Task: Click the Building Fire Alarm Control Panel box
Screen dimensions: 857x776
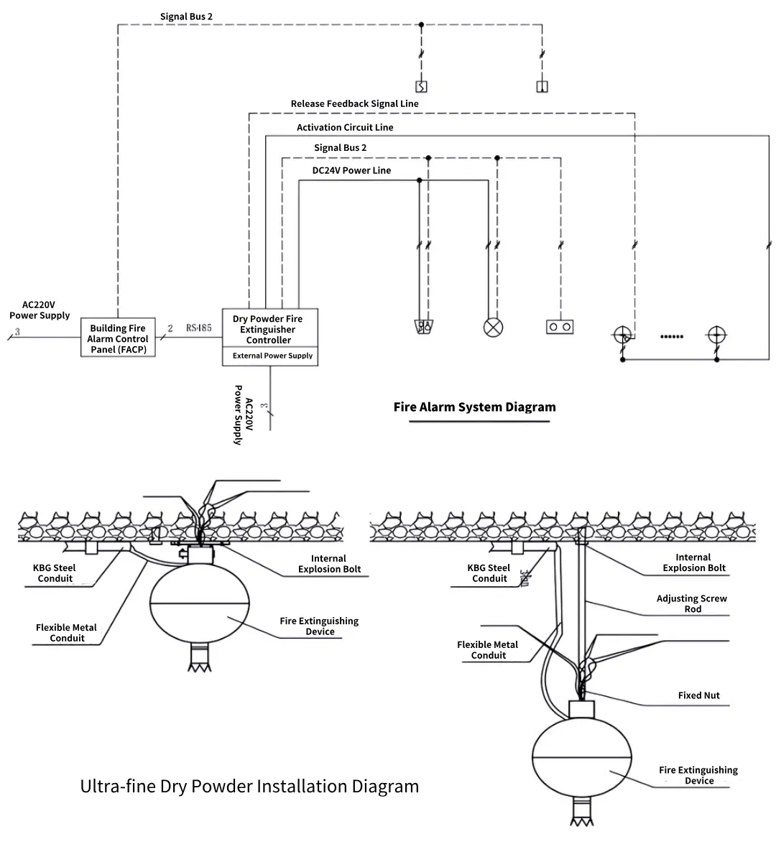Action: tap(118, 338)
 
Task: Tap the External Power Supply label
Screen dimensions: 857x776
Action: tap(272, 356)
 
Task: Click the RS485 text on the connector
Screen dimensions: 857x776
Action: tap(199, 328)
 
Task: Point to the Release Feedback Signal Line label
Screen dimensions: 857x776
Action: tap(354, 103)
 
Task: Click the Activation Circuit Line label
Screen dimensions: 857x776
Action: tap(345, 127)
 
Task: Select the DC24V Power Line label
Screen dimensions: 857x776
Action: tap(351, 170)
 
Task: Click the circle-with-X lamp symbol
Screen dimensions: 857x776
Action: tap(493, 327)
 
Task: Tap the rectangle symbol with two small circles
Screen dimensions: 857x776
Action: tap(560, 327)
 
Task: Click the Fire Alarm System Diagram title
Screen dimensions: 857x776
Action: tap(474, 407)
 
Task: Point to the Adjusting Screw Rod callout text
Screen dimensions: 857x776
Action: tap(691, 603)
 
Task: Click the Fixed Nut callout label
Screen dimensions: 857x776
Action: tap(698, 695)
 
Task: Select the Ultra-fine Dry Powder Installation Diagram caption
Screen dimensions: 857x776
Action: tap(249, 786)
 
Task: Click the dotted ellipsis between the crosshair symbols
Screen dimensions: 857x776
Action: tap(671, 335)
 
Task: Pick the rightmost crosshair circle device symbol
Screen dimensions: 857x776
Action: tap(716, 335)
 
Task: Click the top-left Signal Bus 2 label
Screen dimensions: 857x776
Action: tap(186, 16)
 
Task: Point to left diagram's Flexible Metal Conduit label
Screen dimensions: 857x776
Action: tap(66, 632)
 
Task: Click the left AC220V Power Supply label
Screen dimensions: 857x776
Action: tap(40, 310)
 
